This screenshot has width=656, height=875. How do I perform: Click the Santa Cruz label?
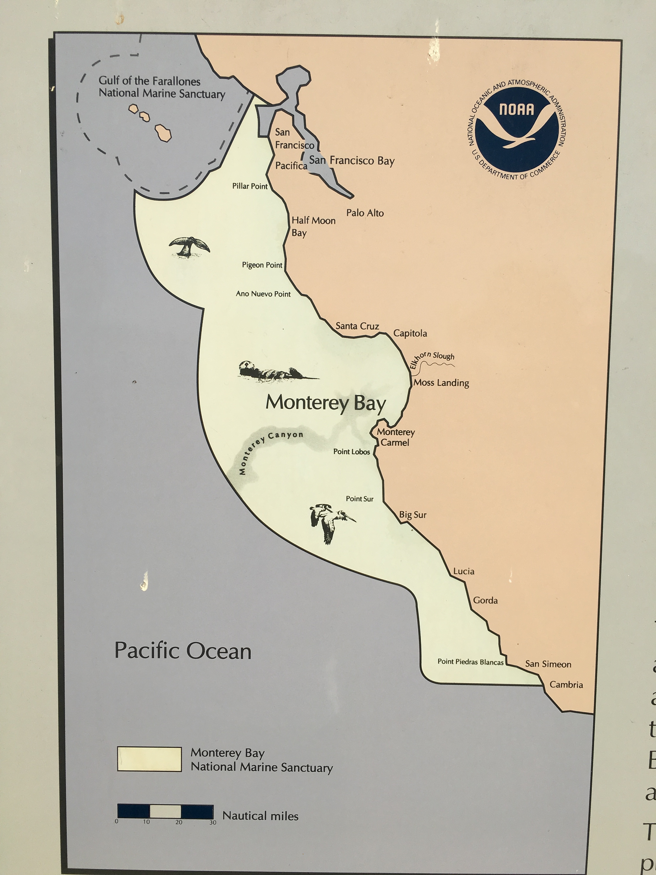tap(357, 326)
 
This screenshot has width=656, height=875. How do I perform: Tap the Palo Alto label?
tap(365, 213)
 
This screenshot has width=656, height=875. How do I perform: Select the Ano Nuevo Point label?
tap(263, 294)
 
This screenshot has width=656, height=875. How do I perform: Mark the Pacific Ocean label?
tap(183, 651)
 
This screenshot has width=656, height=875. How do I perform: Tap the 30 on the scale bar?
tap(213, 822)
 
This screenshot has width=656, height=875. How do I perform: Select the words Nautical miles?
tap(260, 816)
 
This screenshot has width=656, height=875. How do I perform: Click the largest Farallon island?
tap(163, 133)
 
